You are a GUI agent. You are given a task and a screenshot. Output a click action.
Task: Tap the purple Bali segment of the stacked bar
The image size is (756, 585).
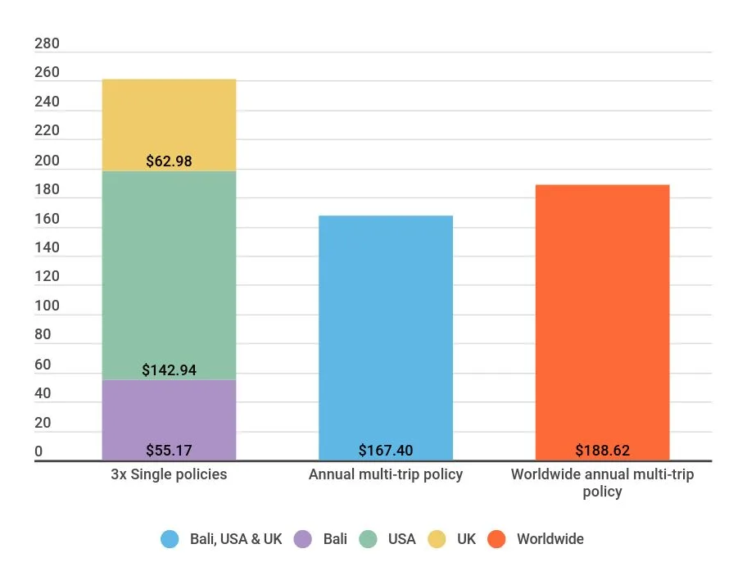click(169, 410)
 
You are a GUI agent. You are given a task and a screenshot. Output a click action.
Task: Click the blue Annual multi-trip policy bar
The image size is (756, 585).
click(385, 328)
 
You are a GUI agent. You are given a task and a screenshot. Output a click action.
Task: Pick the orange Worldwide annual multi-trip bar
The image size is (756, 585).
click(602, 311)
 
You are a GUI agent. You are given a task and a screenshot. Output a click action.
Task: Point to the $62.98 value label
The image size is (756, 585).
click(169, 161)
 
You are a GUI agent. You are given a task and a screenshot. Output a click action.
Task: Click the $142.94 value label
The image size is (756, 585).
click(169, 370)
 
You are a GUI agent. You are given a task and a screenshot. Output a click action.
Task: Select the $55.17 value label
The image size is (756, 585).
click(169, 451)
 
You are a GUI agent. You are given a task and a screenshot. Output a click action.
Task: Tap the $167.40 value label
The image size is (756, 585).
click(385, 451)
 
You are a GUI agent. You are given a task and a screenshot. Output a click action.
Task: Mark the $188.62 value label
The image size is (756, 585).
click(602, 451)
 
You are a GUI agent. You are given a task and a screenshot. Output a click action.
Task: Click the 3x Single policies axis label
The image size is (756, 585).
click(169, 474)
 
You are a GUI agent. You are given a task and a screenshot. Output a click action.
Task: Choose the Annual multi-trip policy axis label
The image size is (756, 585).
click(385, 474)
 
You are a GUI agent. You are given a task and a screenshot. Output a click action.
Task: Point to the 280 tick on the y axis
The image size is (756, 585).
click(48, 44)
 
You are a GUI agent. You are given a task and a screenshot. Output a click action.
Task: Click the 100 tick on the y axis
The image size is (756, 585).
click(48, 306)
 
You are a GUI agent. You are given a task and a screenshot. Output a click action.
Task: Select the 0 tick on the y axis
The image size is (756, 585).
click(38, 451)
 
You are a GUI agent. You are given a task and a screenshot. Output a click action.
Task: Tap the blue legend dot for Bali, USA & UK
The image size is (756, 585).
click(170, 539)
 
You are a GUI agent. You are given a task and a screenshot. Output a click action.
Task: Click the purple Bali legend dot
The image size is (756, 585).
click(303, 539)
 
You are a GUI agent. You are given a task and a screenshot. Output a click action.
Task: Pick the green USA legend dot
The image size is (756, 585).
click(368, 539)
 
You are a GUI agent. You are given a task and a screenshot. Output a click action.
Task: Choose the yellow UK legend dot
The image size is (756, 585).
click(437, 539)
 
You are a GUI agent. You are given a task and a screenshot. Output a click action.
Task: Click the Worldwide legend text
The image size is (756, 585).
click(550, 539)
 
